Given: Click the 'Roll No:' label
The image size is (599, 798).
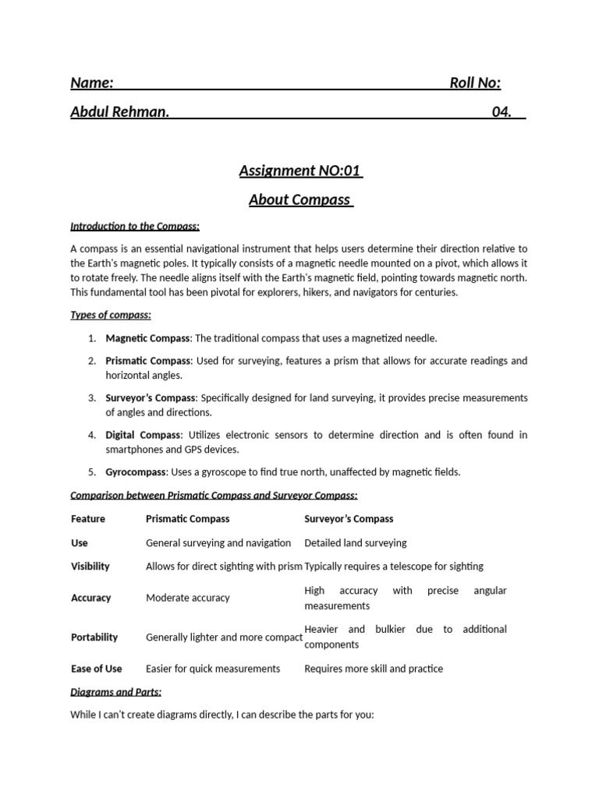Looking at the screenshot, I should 475,83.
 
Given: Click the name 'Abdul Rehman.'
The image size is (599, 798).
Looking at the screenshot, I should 120,111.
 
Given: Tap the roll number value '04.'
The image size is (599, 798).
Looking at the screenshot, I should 502,111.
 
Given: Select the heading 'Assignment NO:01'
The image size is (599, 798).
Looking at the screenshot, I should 300,171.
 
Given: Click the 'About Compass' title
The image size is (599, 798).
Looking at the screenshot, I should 300,199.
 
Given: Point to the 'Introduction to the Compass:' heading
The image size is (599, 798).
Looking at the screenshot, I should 135,226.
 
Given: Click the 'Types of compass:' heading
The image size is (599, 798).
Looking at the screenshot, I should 111,315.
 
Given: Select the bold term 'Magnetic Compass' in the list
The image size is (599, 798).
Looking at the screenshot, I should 147,338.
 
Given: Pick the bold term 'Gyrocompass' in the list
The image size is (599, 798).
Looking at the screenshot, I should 136,471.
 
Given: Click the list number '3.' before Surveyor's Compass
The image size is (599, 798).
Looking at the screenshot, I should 91,397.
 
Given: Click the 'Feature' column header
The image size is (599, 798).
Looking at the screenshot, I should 87,518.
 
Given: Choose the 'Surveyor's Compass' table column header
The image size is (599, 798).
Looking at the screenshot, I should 349,518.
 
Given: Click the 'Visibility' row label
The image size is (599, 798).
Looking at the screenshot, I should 90,567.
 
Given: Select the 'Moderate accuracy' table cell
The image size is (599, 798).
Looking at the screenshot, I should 187,598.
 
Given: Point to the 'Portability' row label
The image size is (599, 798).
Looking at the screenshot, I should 94,637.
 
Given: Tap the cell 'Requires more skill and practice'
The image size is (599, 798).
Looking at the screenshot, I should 373,669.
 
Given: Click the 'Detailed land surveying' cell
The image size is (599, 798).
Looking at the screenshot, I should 355,542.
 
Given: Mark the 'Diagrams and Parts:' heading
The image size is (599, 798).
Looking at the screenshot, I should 115,691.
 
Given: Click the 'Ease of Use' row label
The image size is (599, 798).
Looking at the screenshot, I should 96,669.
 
